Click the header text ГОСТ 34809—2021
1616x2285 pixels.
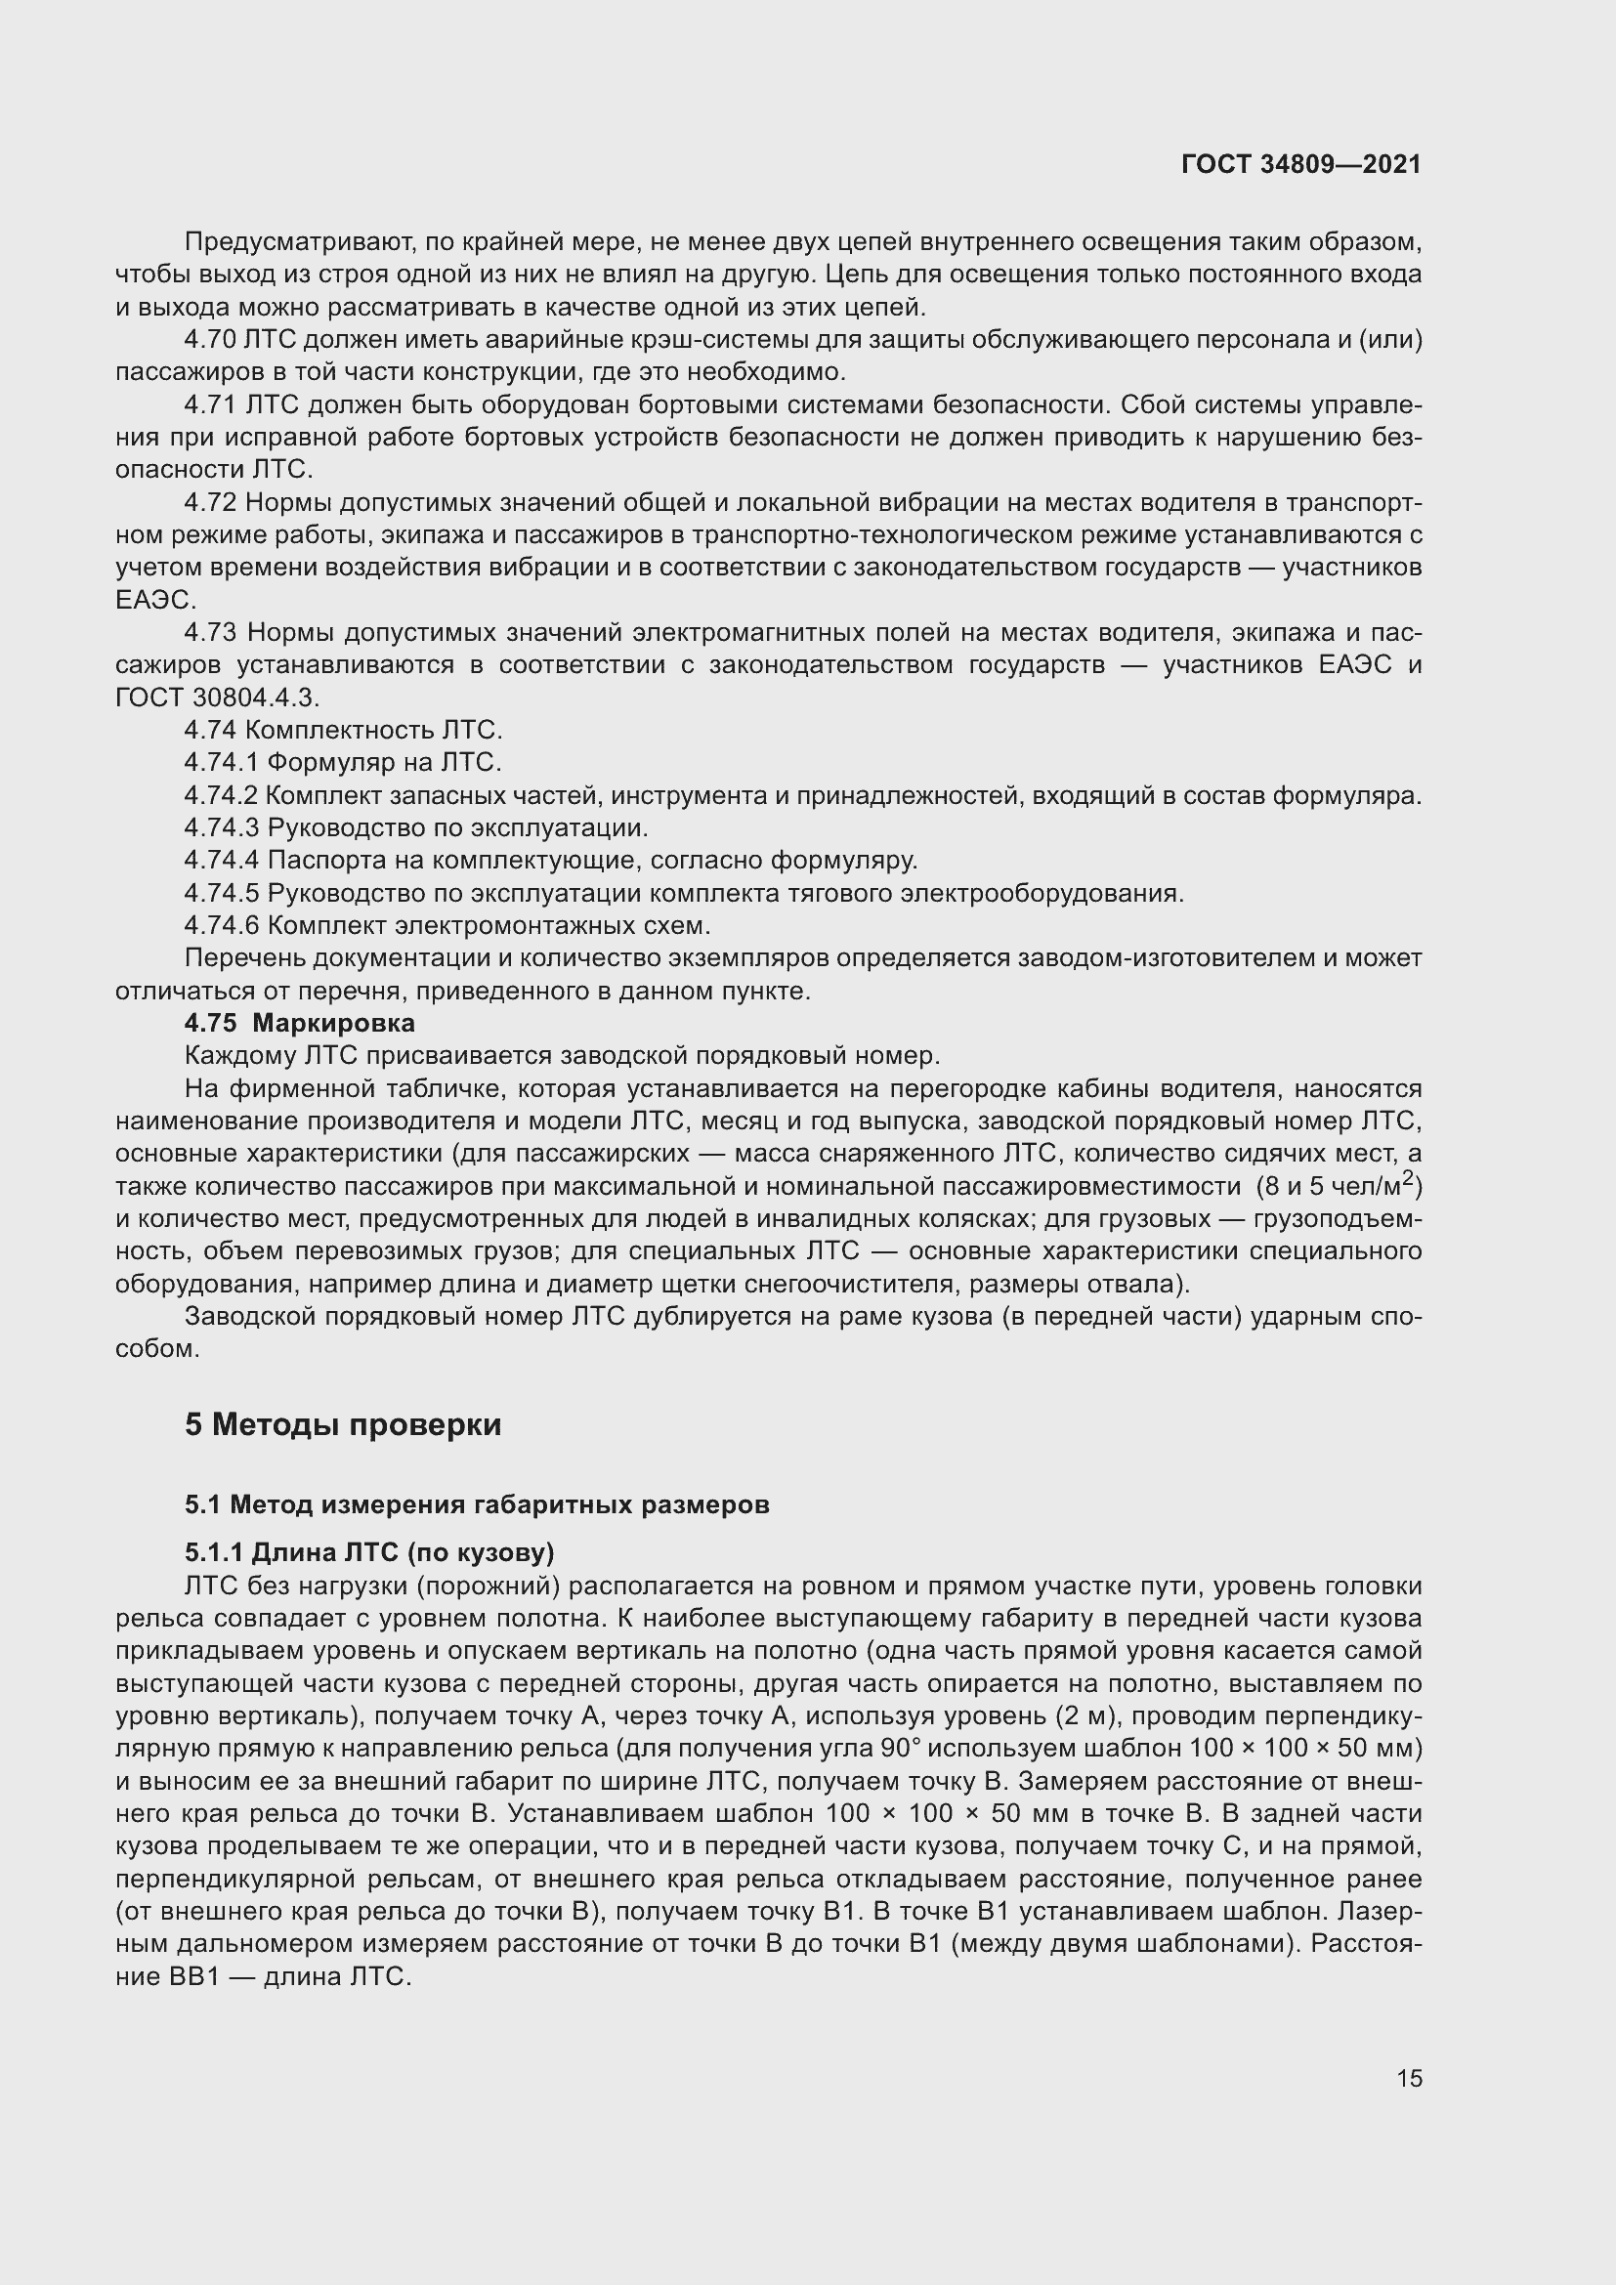pyautogui.click(x=1300, y=165)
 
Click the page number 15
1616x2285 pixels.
pyautogui.click(x=1409, y=2078)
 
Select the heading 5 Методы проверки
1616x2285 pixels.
pyautogui.click(x=342, y=1424)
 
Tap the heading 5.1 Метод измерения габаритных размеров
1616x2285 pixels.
pyautogui.click(x=477, y=1503)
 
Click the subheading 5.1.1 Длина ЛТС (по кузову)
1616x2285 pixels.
pyautogui.click(x=368, y=1552)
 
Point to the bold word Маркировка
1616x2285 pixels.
pyautogui.click(x=333, y=1023)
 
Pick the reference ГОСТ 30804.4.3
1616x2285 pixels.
pyautogui.click(x=217, y=698)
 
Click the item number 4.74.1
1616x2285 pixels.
pyautogui.click(x=221, y=762)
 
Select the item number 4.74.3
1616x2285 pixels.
pyautogui.click(x=221, y=828)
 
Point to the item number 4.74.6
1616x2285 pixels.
pyautogui.click(x=221, y=925)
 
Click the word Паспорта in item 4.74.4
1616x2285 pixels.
pyautogui.click(x=322, y=860)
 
